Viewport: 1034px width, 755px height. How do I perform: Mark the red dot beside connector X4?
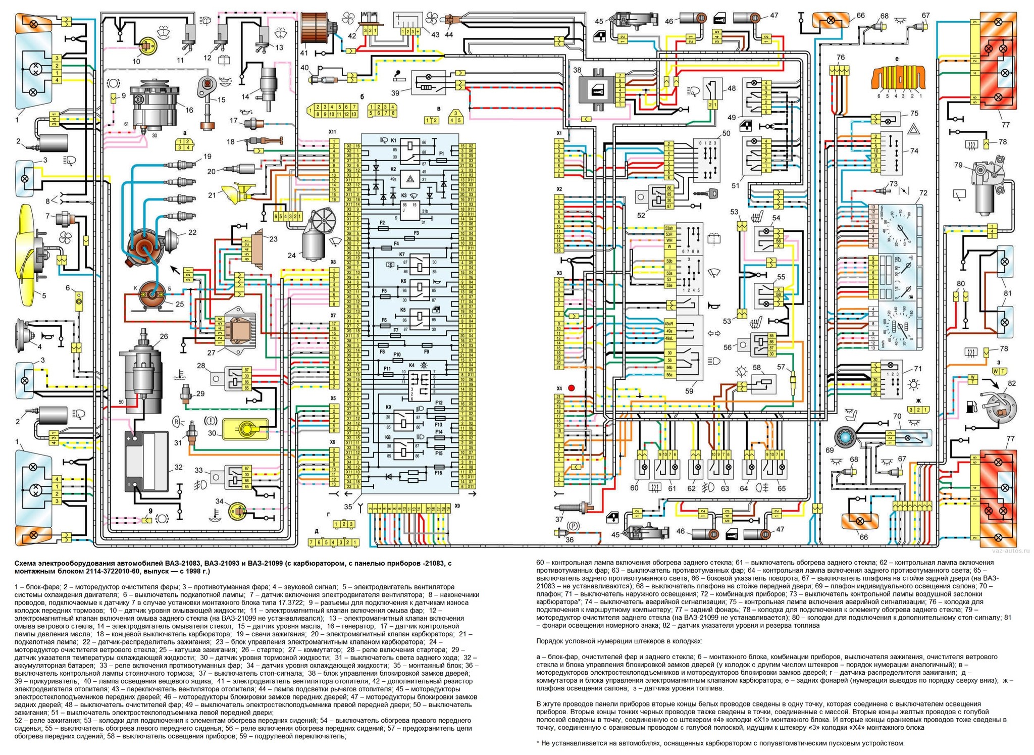coord(572,388)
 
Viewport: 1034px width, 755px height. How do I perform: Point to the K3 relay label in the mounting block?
coord(404,195)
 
